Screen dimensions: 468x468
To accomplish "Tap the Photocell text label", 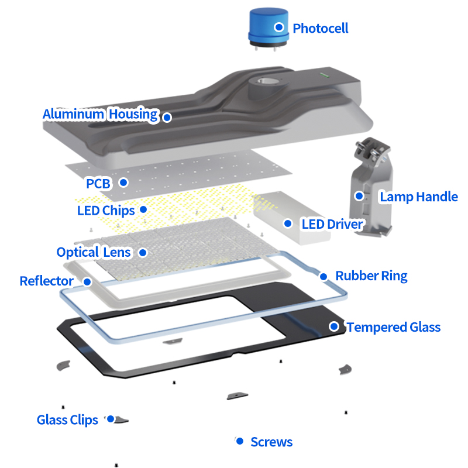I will click(320, 28).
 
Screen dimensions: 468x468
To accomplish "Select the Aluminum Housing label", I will click(100, 114).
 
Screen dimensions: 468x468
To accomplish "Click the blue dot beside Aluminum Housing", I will click(167, 117).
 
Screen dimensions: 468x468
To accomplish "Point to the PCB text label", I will click(98, 184).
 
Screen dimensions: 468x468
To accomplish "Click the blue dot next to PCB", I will click(123, 183).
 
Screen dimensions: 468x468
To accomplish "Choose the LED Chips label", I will click(106, 210).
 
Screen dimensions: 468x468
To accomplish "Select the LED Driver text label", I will click(332, 224).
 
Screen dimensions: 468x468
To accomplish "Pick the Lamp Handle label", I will click(419, 197).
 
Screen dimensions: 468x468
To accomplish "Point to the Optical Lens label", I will click(94, 253).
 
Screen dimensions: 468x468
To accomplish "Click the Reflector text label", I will click(47, 281).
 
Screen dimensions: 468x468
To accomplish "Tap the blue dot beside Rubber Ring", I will click(323, 276).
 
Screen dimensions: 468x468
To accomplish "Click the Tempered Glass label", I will click(393, 327).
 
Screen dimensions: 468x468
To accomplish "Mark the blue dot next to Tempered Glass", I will click(334, 326).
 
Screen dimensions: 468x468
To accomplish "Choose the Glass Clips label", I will click(67, 420).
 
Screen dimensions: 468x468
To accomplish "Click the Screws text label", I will click(271, 442).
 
